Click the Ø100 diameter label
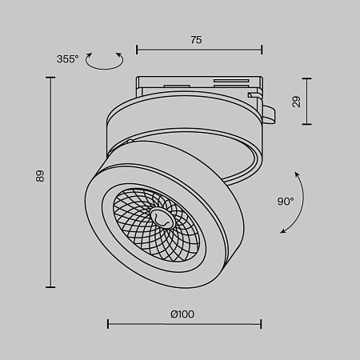pyautogui.click(x=182, y=314)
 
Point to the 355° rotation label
pyautogui.click(x=68, y=59)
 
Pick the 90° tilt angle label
pyautogui.click(x=286, y=202)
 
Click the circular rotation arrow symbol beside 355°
pyautogui.click(x=105, y=59)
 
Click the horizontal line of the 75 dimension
pyautogui.click(x=199, y=50)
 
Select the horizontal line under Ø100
pyautogui.click(x=184, y=324)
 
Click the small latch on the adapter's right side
pyautogui.click(x=270, y=114)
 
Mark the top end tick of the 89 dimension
pyautogui.click(x=51, y=78)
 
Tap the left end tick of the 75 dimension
pyautogui.click(x=137, y=50)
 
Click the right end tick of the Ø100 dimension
pyautogui.click(x=261, y=324)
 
